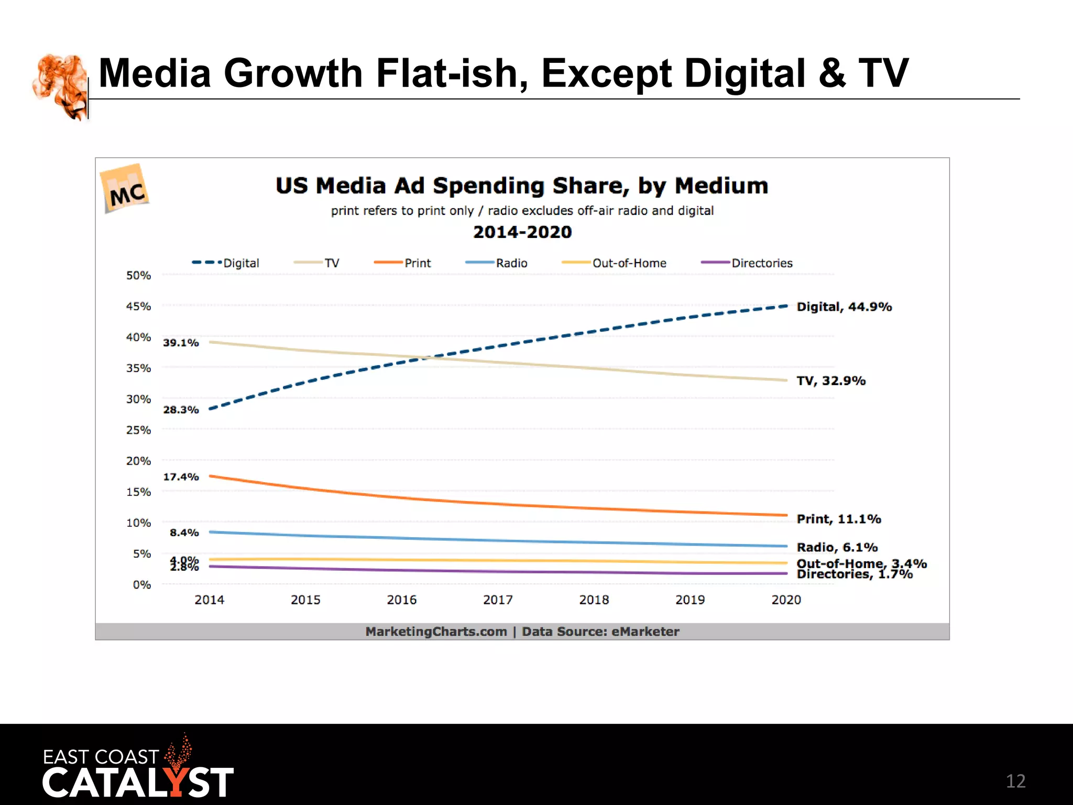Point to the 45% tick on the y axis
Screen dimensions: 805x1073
[138, 306]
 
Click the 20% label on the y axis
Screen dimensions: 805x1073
[138, 461]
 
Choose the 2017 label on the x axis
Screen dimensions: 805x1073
[498, 600]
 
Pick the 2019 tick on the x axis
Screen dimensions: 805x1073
[690, 600]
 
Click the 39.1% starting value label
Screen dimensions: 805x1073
[181, 343]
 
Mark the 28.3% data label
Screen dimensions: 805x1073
[181, 410]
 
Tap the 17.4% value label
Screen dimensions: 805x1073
[181, 477]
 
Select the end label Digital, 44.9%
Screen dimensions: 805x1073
[844, 307]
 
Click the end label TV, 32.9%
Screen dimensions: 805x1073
[831, 380]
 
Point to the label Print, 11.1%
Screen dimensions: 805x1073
[838, 519]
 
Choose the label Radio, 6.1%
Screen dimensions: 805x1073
[837, 547]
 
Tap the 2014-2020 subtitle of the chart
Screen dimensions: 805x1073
[522, 232]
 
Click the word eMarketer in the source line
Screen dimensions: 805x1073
[645, 632]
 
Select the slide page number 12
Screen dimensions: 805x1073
[1015, 781]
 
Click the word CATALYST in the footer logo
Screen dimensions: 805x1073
[137, 783]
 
